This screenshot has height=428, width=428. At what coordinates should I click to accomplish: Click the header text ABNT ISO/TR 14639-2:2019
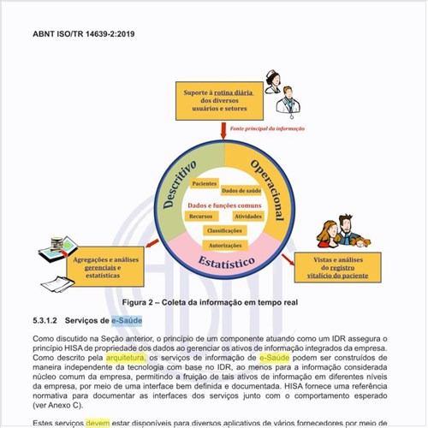tap(84, 35)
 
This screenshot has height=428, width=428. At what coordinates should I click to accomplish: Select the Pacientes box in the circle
tap(205, 184)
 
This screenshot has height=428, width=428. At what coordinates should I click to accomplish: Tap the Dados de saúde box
tap(241, 191)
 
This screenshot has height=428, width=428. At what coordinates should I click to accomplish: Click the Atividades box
tap(249, 217)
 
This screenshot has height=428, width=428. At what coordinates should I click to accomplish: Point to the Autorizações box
tap(226, 245)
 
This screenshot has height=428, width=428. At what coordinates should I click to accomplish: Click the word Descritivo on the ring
tap(180, 183)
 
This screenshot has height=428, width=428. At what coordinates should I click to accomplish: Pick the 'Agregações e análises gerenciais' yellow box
tap(106, 268)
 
